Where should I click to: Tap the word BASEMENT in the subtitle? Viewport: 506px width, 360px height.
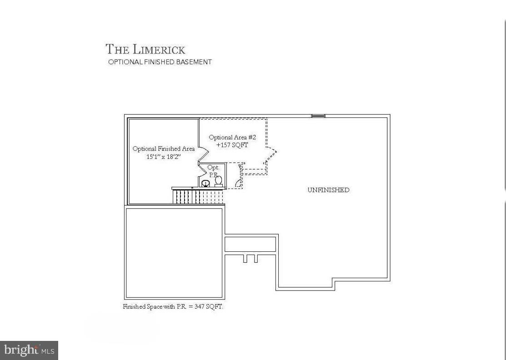[x=197, y=62]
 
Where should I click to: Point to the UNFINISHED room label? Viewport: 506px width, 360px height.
[x=328, y=190]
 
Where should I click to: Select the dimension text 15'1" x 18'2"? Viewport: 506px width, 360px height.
[x=163, y=156]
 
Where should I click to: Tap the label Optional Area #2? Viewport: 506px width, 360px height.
[x=232, y=137]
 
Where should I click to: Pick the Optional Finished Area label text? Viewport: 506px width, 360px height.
[x=163, y=149]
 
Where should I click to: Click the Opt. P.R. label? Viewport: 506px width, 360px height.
[x=213, y=171]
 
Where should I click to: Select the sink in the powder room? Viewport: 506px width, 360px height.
[x=205, y=183]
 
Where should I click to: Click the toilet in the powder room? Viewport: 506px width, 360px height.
[x=219, y=181]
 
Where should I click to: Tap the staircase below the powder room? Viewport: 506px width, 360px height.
[x=198, y=196]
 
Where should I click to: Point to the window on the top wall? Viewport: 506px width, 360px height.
[x=318, y=116]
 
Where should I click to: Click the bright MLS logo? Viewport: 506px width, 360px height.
[x=29, y=350]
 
